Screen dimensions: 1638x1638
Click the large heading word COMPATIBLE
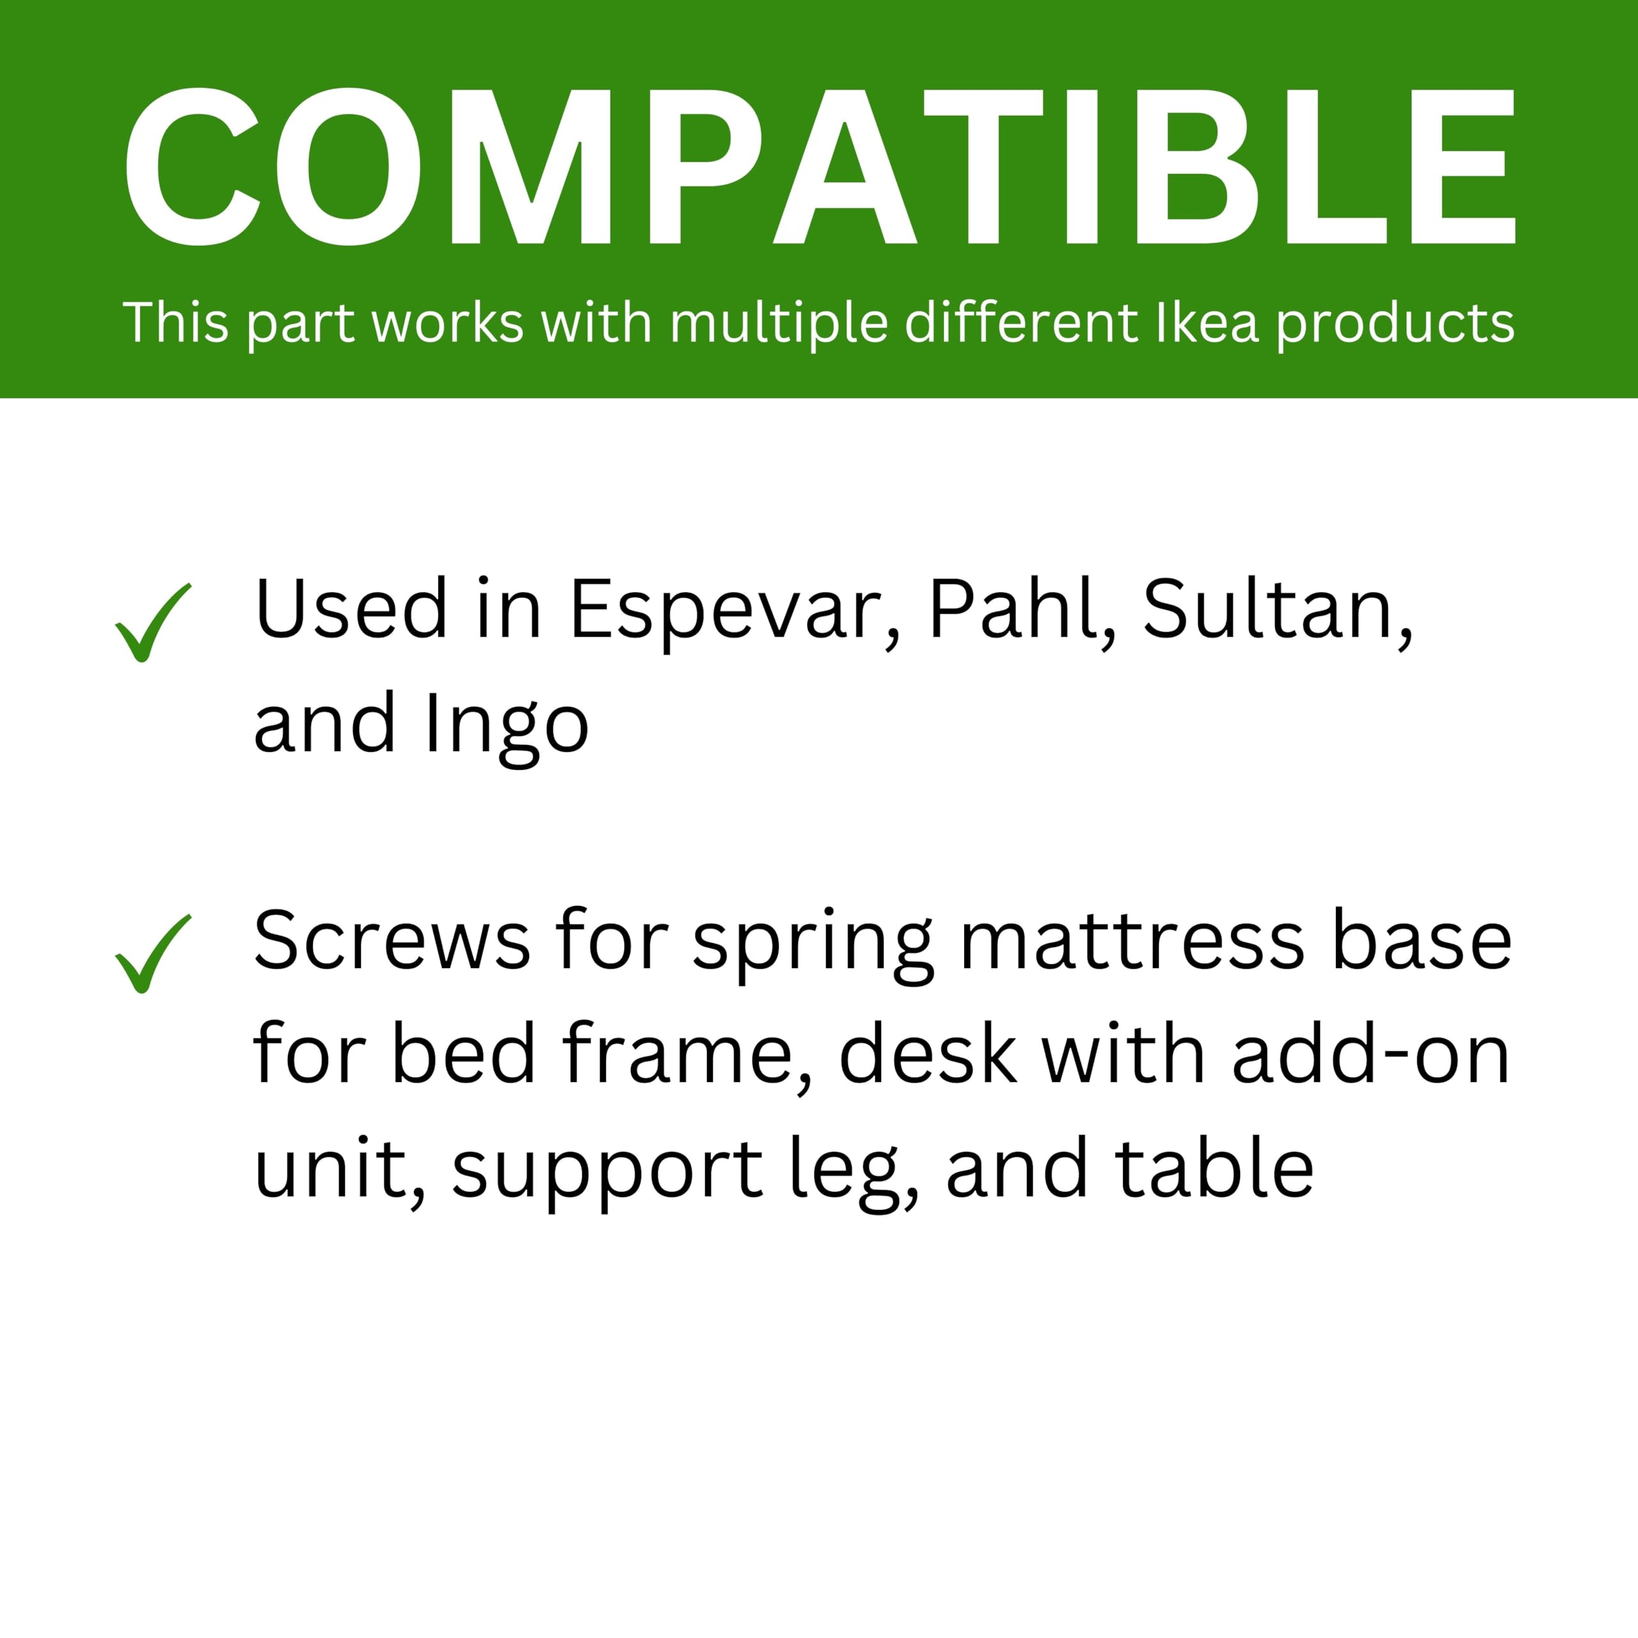[x=819, y=166]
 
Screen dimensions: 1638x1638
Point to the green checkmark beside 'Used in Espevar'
[x=152, y=623]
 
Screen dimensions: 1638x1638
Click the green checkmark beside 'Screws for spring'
[x=152, y=953]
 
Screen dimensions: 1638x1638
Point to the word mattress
[x=1132, y=942]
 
